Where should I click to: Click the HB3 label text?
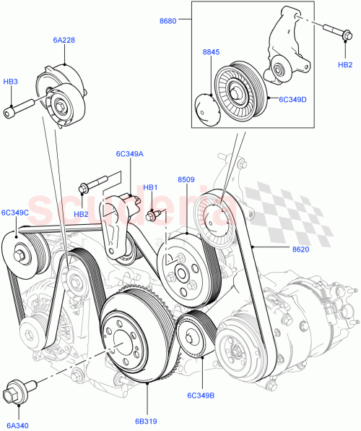pyautogui.click(x=11, y=83)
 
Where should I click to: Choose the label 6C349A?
pyautogui.click(x=129, y=154)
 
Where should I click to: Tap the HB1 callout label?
pyautogui.click(x=150, y=188)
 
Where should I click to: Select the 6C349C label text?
pyautogui.click(x=15, y=213)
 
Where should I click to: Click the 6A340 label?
pyautogui.click(x=17, y=426)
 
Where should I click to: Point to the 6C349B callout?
pyautogui.click(x=201, y=396)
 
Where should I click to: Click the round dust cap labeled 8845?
pyautogui.click(x=209, y=106)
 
